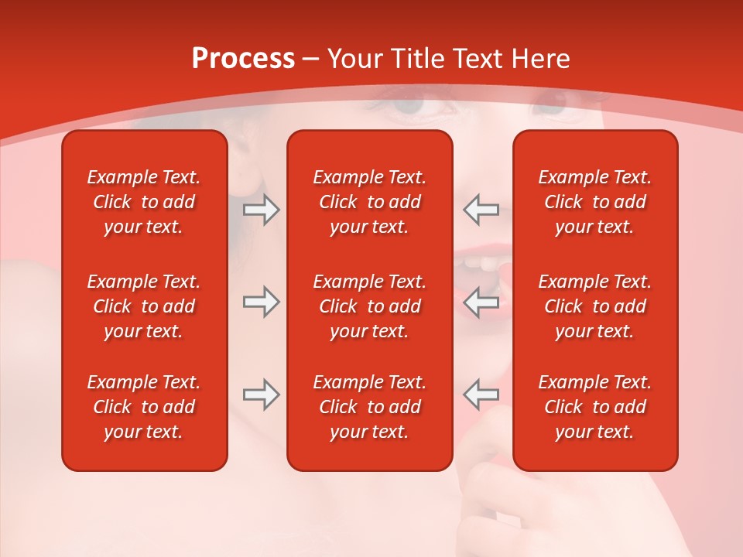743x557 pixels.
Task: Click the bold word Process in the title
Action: click(x=243, y=59)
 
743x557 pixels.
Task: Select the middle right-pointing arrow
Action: click(x=261, y=302)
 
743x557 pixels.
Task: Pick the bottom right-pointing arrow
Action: click(x=261, y=395)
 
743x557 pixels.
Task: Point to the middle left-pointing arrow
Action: click(x=481, y=302)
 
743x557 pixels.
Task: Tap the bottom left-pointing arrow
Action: click(x=481, y=395)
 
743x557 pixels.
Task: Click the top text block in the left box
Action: click(x=144, y=202)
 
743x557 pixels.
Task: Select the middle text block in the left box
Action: click(x=144, y=306)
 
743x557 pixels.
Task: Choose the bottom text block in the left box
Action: click(x=144, y=407)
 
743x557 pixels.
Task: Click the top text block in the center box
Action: click(x=369, y=202)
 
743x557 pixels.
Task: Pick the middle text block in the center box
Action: click(x=369, y=306)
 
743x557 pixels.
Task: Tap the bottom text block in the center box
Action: click(x=369, y=407)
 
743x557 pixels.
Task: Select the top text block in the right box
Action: click(x=594, y=202)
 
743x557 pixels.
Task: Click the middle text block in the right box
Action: click(x=594, y=306)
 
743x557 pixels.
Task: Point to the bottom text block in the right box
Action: click(x=594, y=407)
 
